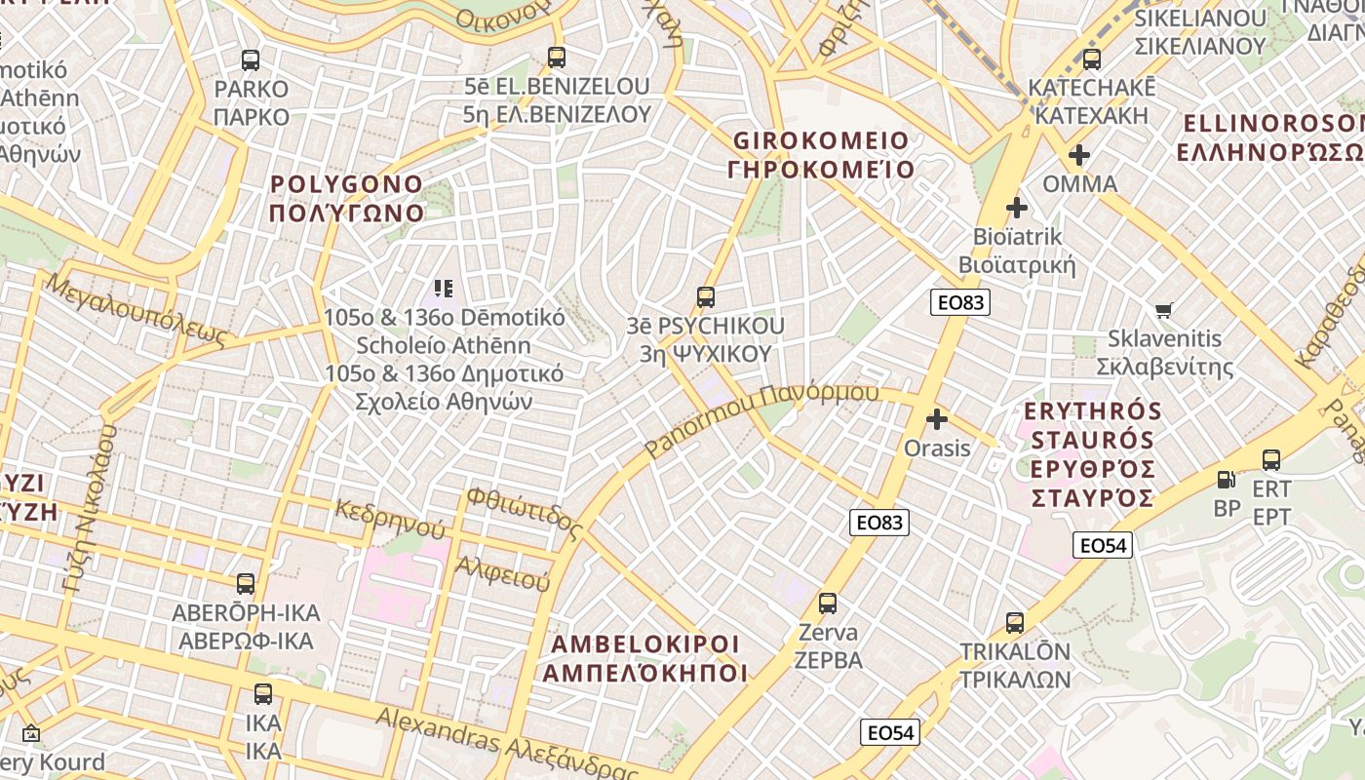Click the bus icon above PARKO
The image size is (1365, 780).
click(x=251, y=60)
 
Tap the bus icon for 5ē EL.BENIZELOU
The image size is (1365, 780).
click(x=556, y=58)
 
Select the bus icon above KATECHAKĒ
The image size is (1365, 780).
click(x=1091, y=58)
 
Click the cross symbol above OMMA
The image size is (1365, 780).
click(x=1078, y=154)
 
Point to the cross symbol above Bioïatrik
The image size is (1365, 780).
click(x=1017, y=207)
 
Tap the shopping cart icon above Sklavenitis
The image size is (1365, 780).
click(x=1163, y=311)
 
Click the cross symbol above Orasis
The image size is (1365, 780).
click(x=937, y=419)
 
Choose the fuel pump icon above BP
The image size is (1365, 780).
click(x=1226, y=479)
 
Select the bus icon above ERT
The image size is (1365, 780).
click(x=1270, y=459)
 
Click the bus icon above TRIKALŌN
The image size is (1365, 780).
click(x=1014, y=622)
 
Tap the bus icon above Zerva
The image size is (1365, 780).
click(x=828, y=604)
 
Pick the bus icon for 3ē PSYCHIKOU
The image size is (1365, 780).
click(x=705, y=297)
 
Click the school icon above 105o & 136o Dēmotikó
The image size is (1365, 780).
click(x=444, y=288)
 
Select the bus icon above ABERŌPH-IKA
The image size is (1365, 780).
click(x=245, y=584)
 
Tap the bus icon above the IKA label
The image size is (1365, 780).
click(x=262, y=694)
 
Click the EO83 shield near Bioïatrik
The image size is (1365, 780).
click(x=960, y=302)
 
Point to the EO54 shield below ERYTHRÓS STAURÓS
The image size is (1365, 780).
click(x=1104, y=545)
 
